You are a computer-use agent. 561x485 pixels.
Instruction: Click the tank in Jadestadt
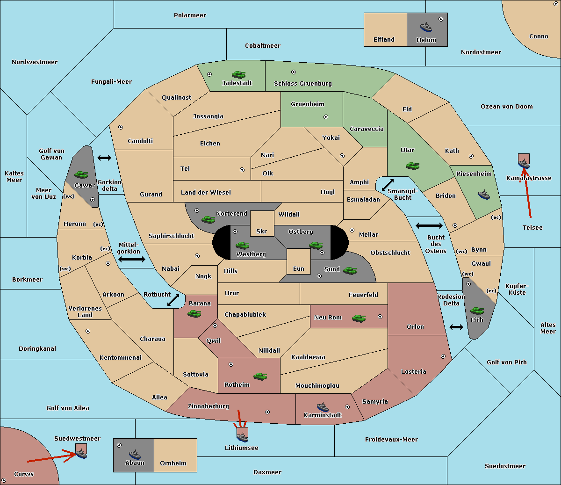click(x=239, y=74)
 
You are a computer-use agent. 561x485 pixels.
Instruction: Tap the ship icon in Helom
click(x=426, y=27)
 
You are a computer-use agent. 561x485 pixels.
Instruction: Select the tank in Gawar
click(x=81, y=174)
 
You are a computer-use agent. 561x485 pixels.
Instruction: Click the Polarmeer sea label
click(x=190, y=15)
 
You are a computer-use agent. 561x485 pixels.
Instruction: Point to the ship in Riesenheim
click(x=484, y=195)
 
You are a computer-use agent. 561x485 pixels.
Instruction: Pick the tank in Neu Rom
click(x=359, y=318)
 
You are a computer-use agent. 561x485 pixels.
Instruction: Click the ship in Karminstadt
click(x=323, y=407)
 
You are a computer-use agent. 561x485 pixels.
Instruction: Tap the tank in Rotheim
click(x=260, y=376)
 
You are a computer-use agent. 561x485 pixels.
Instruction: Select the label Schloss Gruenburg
click(x=303, y=83)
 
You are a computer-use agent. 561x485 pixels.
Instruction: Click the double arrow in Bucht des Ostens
click(x=429, y=225)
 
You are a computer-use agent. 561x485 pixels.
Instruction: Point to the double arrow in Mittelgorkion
click(x=132, y=259)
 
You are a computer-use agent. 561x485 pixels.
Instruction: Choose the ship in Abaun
click(x=135, y=454)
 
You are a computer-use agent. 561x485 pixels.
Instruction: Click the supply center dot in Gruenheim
click(x=326, y=117)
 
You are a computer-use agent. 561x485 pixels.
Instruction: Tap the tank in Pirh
click(x=477, y=311)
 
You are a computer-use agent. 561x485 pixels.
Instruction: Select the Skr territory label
click(x=262, y=231)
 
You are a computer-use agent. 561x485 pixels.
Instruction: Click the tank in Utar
click(x=412, y=166)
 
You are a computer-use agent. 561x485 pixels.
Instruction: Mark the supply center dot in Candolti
click(x=121, y=127)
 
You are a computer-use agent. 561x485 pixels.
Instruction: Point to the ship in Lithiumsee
click(x=242, y=437)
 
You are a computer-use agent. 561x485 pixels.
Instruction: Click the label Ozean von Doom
click(x=507, y=107)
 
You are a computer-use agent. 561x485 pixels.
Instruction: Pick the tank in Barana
click(x=194, y=314)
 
